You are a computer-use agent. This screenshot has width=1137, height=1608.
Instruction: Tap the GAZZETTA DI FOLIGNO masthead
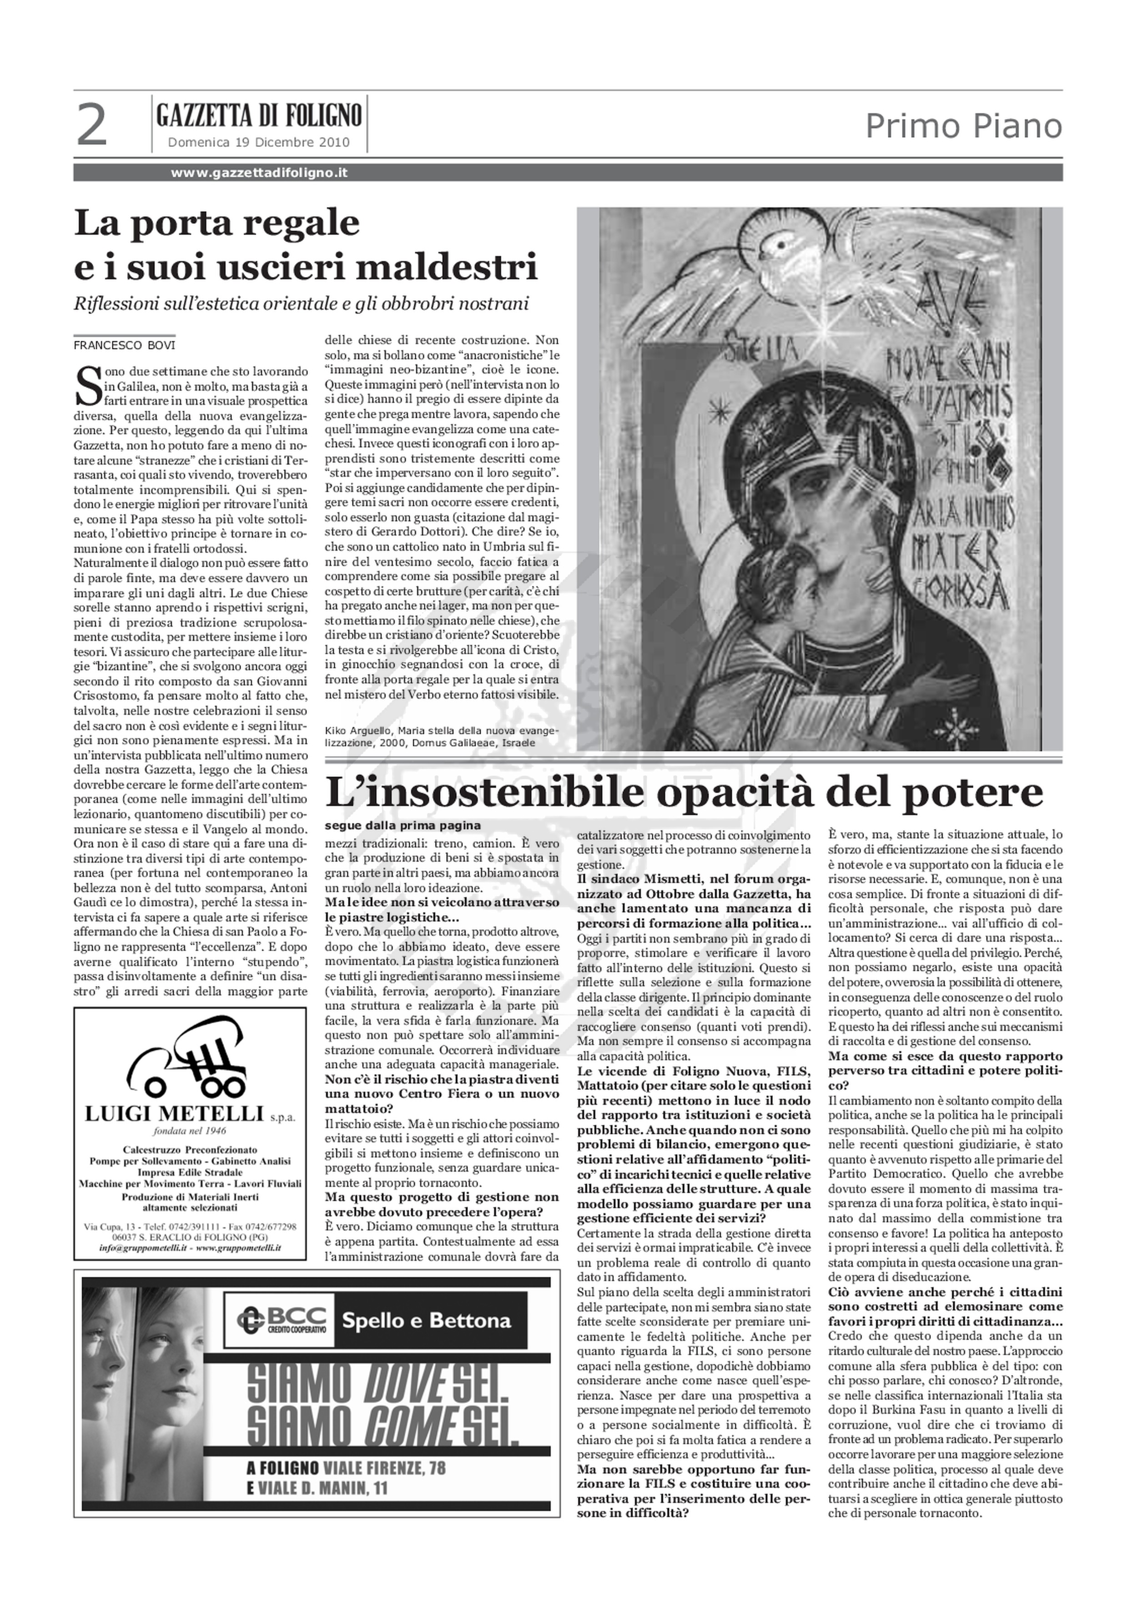[259, 115]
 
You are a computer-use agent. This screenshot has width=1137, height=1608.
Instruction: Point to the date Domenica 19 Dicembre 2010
[258, 143]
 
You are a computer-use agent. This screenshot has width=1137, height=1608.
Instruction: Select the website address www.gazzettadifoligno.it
[259, 172]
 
